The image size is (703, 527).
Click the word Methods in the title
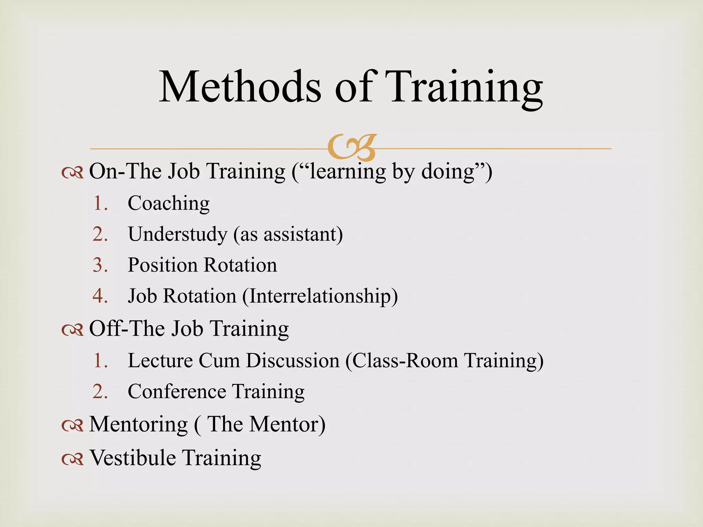(240, 86)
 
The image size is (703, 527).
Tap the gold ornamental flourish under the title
(352, 148)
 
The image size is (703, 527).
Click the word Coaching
(169, 203)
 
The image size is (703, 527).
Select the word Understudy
(177, 234)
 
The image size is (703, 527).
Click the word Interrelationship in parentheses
(320, 296)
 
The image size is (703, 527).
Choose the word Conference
(177, 391)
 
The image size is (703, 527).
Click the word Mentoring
(138, 424)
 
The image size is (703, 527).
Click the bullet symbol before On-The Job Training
(72, 173)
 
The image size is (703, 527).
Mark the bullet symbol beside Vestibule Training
(72, 459)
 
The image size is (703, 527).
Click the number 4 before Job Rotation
(99, 296)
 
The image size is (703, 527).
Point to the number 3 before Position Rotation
(99, 265)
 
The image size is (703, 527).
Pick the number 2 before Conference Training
(99, 391)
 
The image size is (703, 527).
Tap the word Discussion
(293, 361)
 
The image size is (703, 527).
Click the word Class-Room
(405, 361)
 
